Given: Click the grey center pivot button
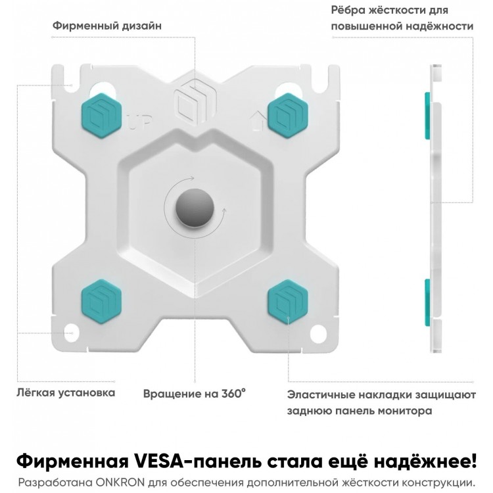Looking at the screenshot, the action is [195, 208].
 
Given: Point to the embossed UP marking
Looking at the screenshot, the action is [139, 123].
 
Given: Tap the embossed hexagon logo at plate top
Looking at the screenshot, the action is [195, 100].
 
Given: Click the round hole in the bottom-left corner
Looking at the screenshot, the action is [72, 333].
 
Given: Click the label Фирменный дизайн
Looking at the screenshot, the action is [107, 26].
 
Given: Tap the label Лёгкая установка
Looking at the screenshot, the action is [66, 392].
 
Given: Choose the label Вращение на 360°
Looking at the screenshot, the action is [195, 393].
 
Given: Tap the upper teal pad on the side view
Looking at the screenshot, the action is [428, 116].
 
